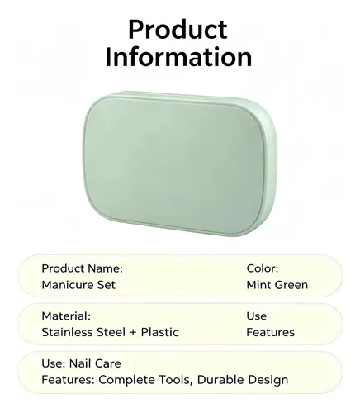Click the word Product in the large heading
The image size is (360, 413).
point(178,30)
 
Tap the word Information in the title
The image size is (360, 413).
point(178,57)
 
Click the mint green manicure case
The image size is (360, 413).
point(179,164)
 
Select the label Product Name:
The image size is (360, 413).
point(82,268)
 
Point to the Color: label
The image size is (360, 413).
point(263,268)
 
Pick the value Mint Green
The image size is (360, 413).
point(277,285)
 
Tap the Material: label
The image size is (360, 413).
point(66,316)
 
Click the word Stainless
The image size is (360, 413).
point(64,332)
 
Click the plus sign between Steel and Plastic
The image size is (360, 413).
point(133,333)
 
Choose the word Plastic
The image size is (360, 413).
point(160,332)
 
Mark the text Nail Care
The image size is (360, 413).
point(95,363)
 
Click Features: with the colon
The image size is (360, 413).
point(68,380)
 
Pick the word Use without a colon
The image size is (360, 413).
point(257,316)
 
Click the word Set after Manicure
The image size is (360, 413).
point(106,285)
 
